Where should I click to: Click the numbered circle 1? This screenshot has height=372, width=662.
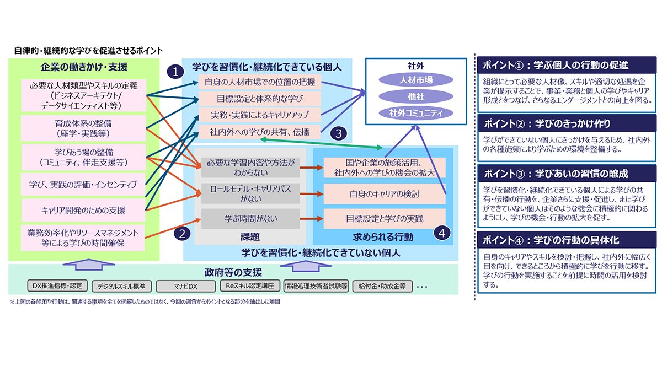tap(175, 71)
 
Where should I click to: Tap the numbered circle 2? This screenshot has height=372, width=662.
tap(181, 233)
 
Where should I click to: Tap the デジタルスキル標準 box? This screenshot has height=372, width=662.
tap(121, 286)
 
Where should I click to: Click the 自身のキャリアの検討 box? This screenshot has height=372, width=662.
tap(385, 194)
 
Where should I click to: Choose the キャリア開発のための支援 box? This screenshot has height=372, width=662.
tap(83, 210)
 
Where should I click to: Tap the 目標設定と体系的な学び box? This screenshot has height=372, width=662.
tap(253, 99)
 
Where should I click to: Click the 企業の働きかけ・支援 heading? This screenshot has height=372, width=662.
tap(84, 67)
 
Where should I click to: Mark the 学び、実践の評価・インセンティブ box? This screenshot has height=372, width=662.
tap(83, 184)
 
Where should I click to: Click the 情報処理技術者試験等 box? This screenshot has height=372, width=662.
tap(316, 286)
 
